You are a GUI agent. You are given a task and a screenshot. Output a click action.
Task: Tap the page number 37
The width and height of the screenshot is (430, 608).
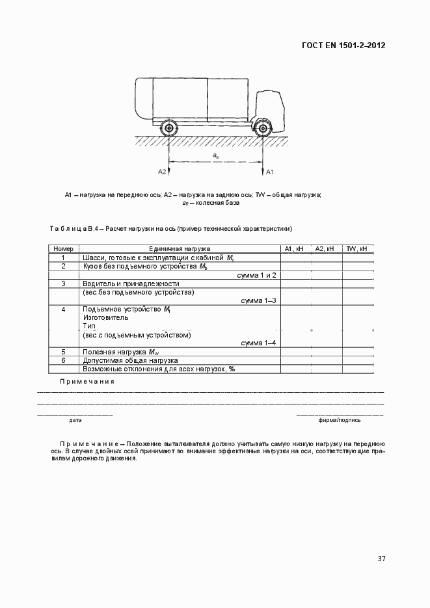[381, 559]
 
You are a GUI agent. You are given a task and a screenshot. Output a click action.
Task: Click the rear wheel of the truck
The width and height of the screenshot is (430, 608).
[169, 128]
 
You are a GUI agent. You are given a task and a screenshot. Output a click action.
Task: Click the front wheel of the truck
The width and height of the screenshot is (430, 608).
[263, 128]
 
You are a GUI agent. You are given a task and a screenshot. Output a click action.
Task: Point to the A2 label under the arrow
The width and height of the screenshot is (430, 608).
[162, 172]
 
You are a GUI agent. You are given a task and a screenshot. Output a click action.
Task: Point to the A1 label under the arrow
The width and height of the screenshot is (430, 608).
[271, 172]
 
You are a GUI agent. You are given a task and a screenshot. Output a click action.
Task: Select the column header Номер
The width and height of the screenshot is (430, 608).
[63, 248]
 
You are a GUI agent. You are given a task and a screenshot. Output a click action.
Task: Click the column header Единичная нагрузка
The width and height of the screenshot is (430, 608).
[179, 248]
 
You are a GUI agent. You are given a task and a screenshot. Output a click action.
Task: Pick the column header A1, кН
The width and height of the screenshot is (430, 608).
[295, 248]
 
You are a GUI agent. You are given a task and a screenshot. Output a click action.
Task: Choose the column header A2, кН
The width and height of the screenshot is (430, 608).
[326, 248]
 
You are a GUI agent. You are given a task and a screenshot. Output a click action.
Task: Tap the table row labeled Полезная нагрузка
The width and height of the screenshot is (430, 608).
[122, 352]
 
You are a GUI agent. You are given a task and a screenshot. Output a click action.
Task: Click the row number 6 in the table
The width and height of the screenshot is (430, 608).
[63, 360]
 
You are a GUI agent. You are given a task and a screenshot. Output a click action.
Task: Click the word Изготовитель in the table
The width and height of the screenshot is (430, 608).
[105, 318]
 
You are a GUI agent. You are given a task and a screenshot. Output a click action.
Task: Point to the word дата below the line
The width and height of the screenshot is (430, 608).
[75, 420]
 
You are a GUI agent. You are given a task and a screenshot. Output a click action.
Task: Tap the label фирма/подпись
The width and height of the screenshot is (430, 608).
[340, 420]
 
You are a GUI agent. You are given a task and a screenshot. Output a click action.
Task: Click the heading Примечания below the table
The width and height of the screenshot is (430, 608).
[87, 381]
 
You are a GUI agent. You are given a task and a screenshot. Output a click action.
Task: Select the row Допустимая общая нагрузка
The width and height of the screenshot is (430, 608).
[130, 360]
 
